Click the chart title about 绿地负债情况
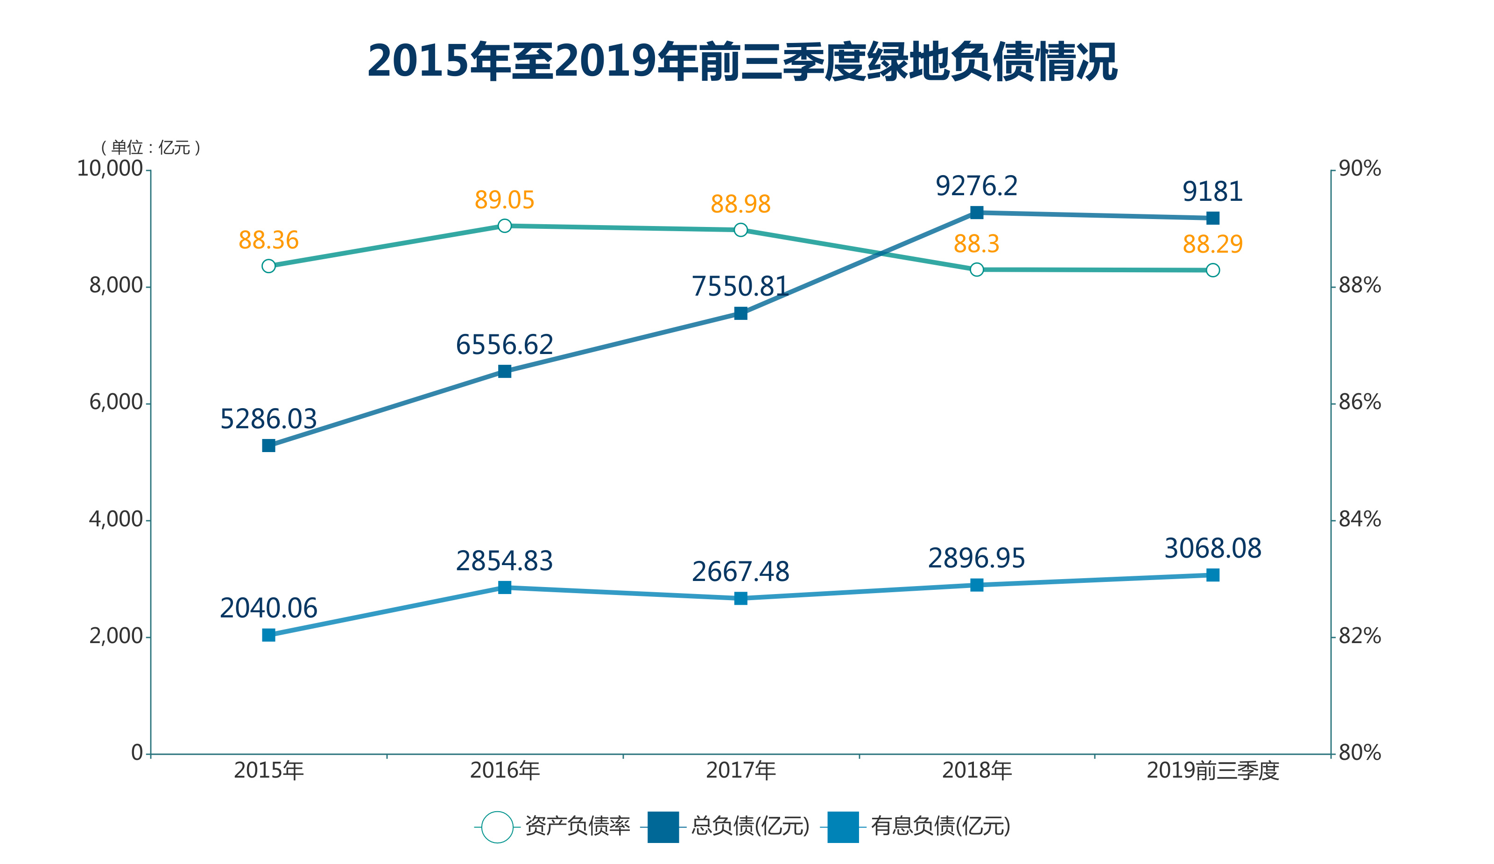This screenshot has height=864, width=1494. [742, 62]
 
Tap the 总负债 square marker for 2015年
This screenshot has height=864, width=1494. [268, 446]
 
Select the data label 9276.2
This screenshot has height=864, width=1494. [976, 186]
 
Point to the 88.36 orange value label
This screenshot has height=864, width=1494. [268, 240]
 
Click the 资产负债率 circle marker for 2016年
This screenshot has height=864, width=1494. [505, 226]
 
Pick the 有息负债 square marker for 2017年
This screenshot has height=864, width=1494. [740, 598]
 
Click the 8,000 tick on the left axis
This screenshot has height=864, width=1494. [116, 286]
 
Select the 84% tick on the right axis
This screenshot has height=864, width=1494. [1360, 519]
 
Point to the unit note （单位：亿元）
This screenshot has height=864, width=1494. [151, 147]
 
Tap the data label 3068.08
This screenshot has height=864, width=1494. [1212, 549]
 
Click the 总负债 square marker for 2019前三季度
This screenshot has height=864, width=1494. [1213, 218]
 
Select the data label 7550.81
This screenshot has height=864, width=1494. [740, 287]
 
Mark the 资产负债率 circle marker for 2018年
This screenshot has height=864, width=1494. [976, 270]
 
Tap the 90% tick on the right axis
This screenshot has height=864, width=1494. [1360, 169]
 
